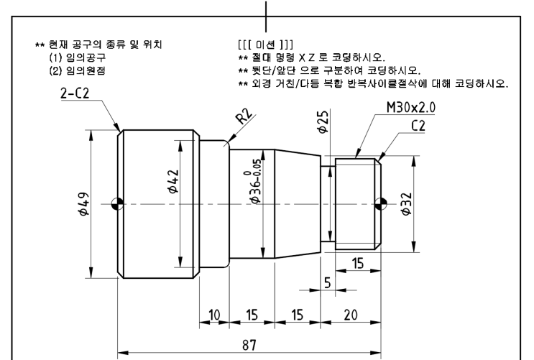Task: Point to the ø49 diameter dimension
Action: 84,203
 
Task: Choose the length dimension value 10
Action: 214,314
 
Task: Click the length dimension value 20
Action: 352,314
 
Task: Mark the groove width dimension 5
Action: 327,283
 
